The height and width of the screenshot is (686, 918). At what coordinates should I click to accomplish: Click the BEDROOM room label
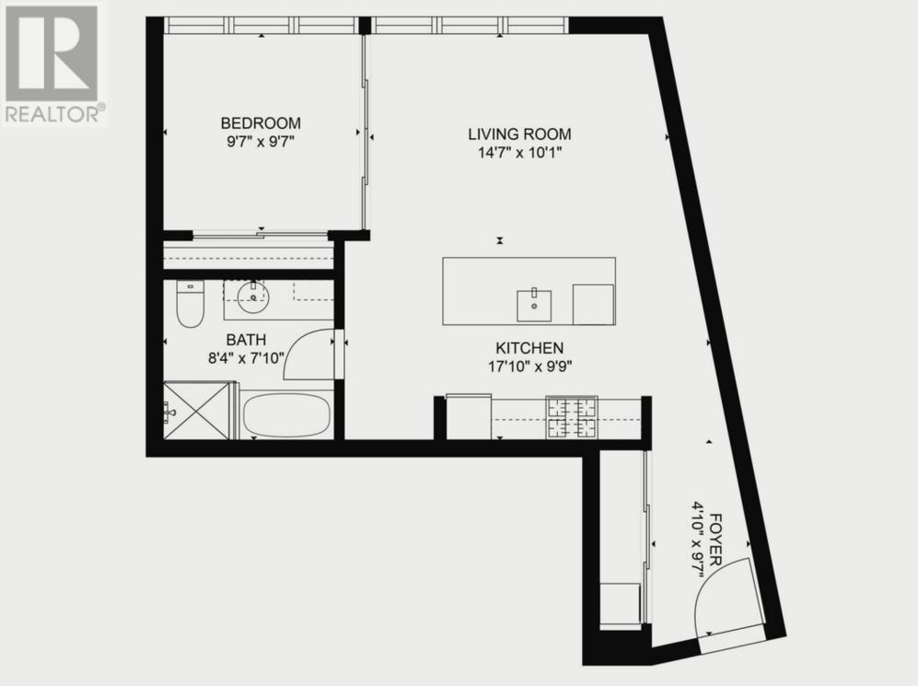point(260,122)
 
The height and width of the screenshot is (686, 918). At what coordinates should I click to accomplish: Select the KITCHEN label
point(529,348)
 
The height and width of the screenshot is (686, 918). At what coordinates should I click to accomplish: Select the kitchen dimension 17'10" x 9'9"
point(529,366)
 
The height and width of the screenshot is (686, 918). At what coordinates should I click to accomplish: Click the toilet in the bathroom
point(190,305)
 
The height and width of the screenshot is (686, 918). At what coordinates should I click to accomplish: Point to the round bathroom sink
point(250,295)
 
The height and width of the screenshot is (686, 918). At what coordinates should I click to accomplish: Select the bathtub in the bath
point(285,416)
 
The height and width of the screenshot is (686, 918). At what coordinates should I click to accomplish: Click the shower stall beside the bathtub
point(199,411)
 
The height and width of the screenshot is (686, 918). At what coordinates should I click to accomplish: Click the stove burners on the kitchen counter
point(572,416)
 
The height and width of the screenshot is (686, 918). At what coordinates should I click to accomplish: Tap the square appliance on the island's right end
point(593,304)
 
